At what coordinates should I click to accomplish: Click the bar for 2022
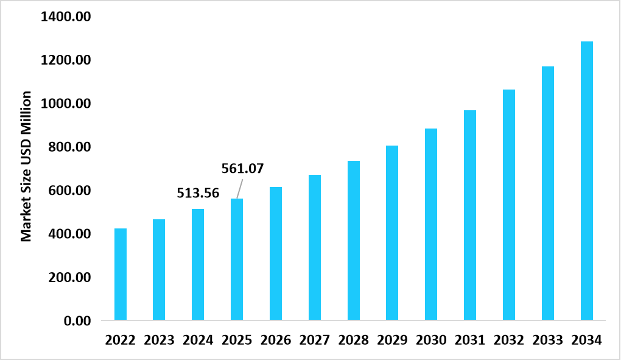pos(120,274)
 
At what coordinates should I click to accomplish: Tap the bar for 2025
pos(237,259)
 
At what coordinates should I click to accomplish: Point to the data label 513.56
pos(198,193)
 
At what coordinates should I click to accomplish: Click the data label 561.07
pos(242,169)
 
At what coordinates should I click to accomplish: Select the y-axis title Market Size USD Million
pos(26,166)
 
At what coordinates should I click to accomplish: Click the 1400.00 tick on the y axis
pos(65,17)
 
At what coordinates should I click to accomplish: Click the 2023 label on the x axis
pos(159,341)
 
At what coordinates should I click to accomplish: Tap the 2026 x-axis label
pos(276,341)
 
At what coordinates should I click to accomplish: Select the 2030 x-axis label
pos(431,341)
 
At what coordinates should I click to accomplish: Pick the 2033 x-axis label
pos(548,341)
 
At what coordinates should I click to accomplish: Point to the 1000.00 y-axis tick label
pos(65,104)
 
